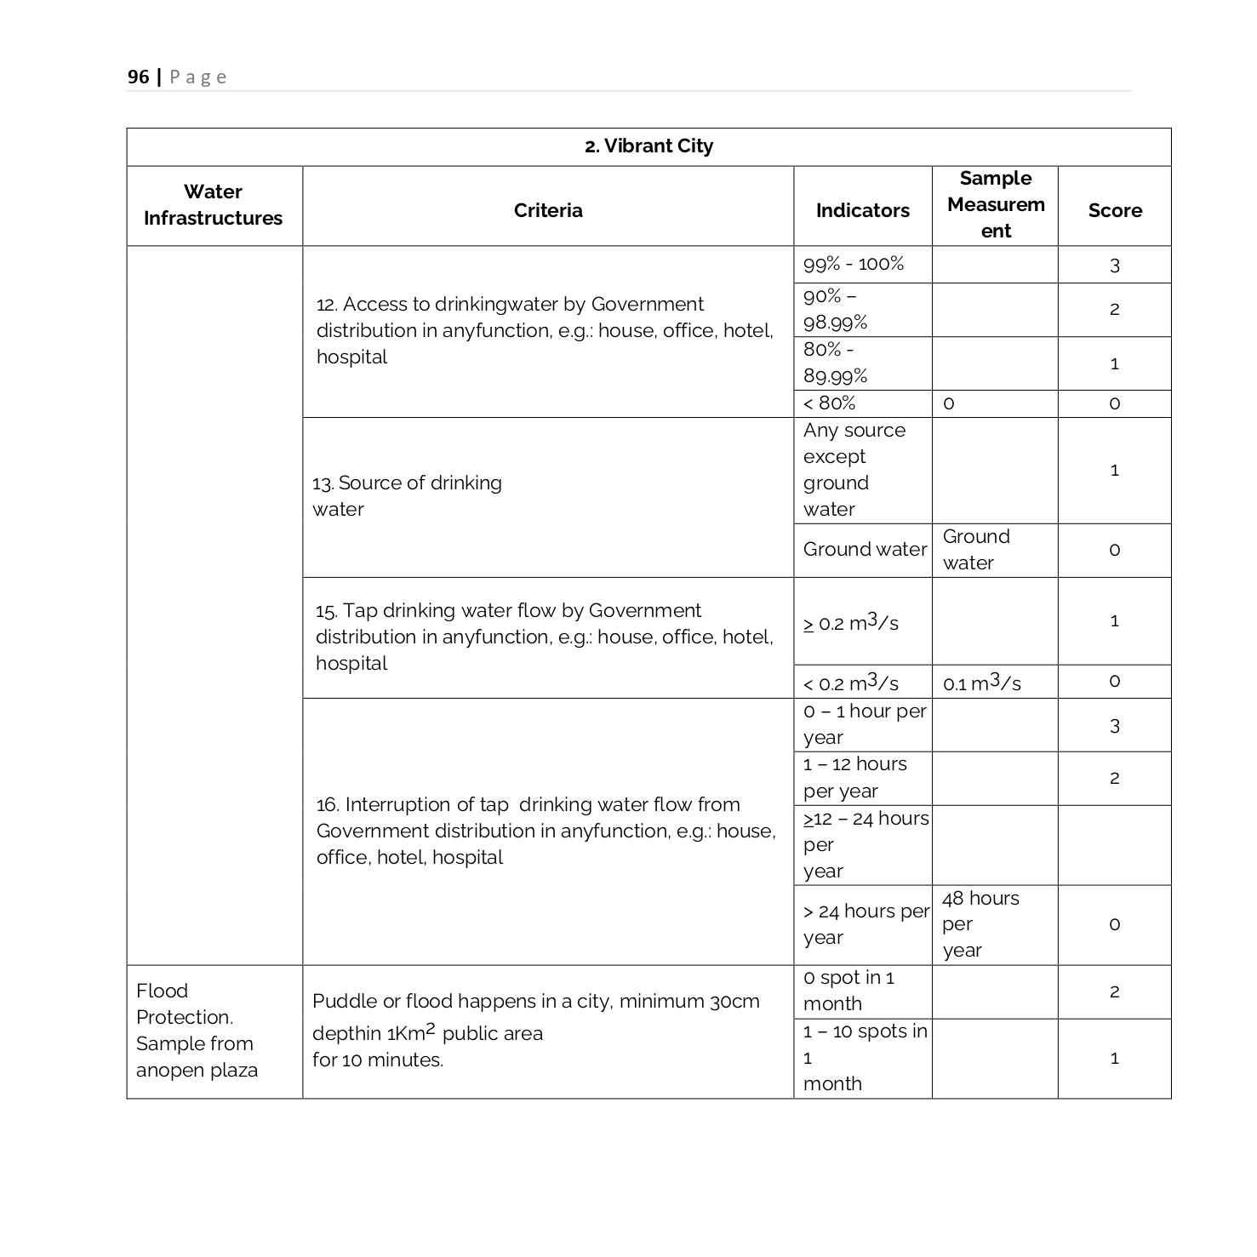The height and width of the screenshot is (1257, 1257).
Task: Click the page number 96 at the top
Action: (x=138, y=77)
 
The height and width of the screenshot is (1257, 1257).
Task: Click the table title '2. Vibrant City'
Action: (x=648, y=146)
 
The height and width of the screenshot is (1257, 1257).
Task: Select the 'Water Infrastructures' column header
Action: (x=213, y=205)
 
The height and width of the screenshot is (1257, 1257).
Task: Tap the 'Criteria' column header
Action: (x=548, y=210)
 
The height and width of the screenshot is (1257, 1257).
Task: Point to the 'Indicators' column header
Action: (x=862, y=210)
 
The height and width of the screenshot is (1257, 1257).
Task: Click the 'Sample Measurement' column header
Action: (x=995, y=205)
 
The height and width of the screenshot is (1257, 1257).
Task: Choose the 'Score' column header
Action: (x=1114, y=210)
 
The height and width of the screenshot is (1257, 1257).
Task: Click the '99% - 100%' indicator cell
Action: (x=854, y=264)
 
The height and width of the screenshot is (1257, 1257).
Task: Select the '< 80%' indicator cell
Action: (x=830, y=403)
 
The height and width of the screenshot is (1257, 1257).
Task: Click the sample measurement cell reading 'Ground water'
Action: (x=976, y=550)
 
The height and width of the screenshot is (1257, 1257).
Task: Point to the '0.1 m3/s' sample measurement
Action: (x=981, y=683)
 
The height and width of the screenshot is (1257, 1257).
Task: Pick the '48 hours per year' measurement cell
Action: (x=980, y=924)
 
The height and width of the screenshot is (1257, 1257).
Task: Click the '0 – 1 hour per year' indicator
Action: (x=863, y=724)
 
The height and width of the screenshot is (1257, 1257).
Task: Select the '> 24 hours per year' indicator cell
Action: (x=863, y=924)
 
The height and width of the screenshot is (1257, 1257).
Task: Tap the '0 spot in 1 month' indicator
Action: (x=848, y=991)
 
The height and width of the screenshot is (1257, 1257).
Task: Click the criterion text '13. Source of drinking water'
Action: (x=407, y=496)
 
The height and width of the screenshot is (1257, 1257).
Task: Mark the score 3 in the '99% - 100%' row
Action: (x=1114, y=266)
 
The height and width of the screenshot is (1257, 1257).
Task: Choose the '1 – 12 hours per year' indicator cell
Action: (x=854, y=778)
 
